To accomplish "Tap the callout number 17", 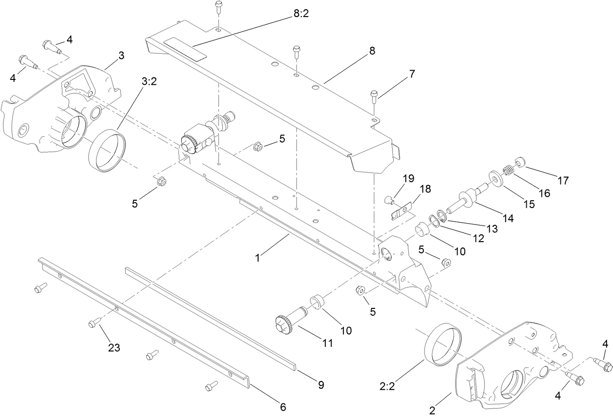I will point(563,180).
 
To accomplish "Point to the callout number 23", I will point(114,347).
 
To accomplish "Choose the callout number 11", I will point(327,343).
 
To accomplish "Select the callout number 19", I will point(407,178).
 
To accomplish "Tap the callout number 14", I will point(508,219).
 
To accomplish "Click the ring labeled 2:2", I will point(443,343).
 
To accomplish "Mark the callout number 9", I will point(321,384).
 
